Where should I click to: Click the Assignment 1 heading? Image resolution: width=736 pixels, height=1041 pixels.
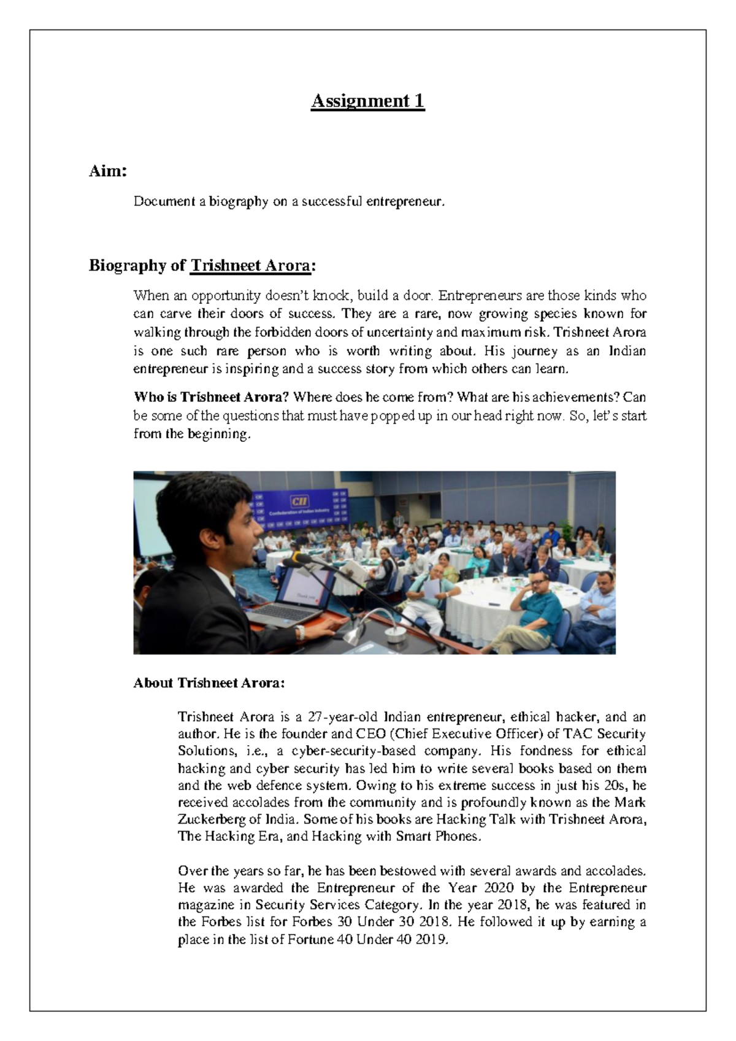point(367,101)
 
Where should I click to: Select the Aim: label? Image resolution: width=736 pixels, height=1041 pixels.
point(108,171)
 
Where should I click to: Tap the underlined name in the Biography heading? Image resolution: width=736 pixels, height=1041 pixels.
point(250,266)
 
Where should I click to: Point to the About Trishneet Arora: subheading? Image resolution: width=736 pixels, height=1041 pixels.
point(209,683)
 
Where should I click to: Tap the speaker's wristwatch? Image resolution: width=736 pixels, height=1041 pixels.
point(300,632)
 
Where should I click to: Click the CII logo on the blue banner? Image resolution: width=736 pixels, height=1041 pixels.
point(300,501)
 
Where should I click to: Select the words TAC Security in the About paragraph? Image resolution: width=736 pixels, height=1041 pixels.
point(604,733)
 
